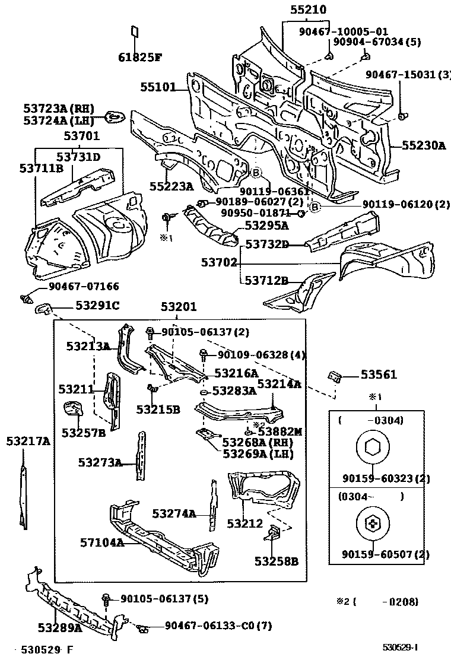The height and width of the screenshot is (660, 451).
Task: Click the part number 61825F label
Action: click(139, 57)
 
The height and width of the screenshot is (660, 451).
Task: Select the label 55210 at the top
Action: click(309, 10)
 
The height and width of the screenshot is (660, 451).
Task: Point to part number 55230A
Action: click(423, 145)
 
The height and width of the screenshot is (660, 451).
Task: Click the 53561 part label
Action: click(379, 375)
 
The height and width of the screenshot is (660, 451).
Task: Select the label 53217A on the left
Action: click(28, 441)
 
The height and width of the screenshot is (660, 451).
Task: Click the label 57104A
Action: click(101, 542)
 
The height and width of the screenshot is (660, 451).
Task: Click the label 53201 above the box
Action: click(179, 307)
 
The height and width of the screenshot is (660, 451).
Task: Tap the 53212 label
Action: click(244, 523)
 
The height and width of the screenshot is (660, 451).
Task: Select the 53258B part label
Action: click(277, 560)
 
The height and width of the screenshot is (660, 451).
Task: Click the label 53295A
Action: click(266, 225)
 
